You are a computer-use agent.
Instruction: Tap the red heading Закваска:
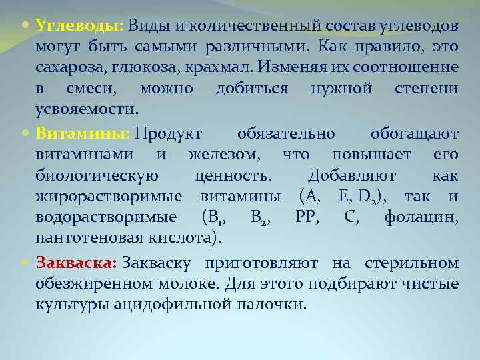click(x=77, y=263)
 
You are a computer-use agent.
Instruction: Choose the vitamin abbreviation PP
click(x=307, y=217)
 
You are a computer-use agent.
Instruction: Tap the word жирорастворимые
click(x=109, y=197)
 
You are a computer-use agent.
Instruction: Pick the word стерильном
click(x=416, y=263)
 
